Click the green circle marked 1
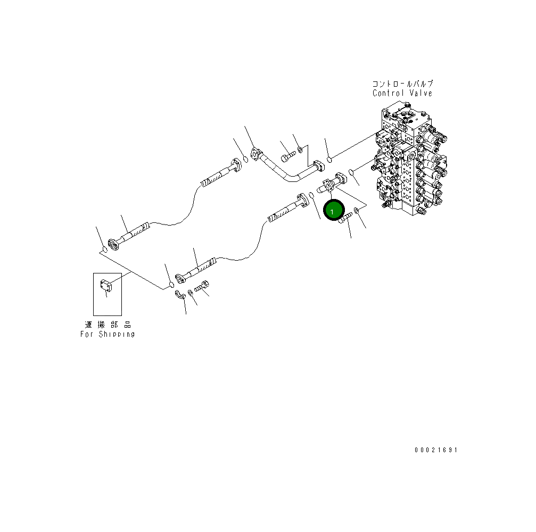pyautogui.click(x=332, y=211)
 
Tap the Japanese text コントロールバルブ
pyautogui.click(x=403, y=84)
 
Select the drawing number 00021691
pyautogui.click(x=436, y=450)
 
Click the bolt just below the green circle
pyautogui.click(x=345, y=218)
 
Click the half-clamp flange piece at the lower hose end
pyautogui.click(x=182, y=295)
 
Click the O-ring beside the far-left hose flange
pyautogui.click(x=105, y=249)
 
